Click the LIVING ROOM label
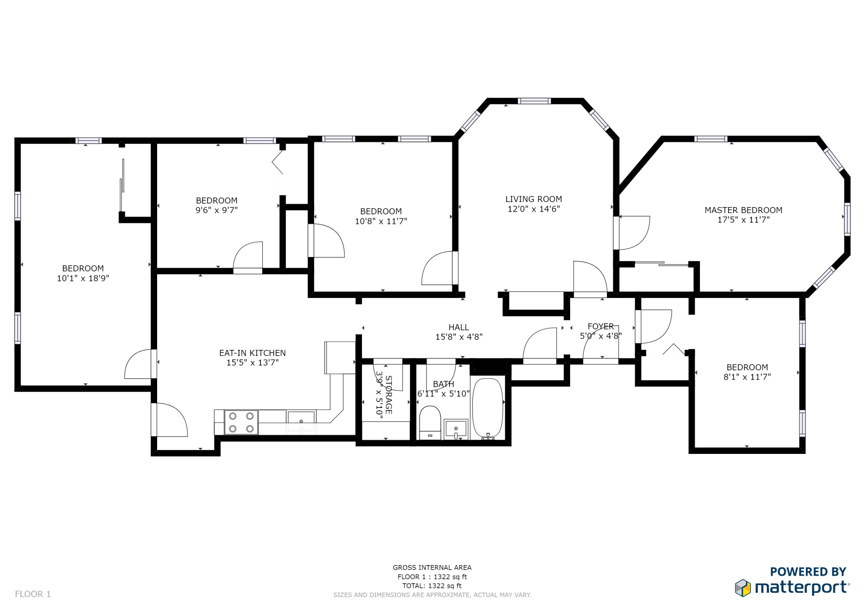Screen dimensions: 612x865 533,199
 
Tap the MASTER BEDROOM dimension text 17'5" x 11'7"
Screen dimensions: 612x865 743,220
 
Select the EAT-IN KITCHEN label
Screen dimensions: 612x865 252,353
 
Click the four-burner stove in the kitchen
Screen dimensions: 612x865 241,422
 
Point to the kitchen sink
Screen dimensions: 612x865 301,418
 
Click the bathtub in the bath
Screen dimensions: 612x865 487,408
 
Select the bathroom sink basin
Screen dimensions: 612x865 456,429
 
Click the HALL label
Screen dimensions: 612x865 459,327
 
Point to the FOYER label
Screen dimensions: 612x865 601,326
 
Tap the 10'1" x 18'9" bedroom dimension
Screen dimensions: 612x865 83,278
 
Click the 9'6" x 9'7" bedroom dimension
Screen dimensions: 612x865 216,210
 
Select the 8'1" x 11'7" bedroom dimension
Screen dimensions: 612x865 747,377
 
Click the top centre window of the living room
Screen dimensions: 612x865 534,101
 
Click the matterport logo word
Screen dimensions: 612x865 801,587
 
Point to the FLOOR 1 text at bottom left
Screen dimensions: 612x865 33,594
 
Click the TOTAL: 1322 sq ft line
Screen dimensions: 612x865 432,586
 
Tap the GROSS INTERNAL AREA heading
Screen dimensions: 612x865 432,568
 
